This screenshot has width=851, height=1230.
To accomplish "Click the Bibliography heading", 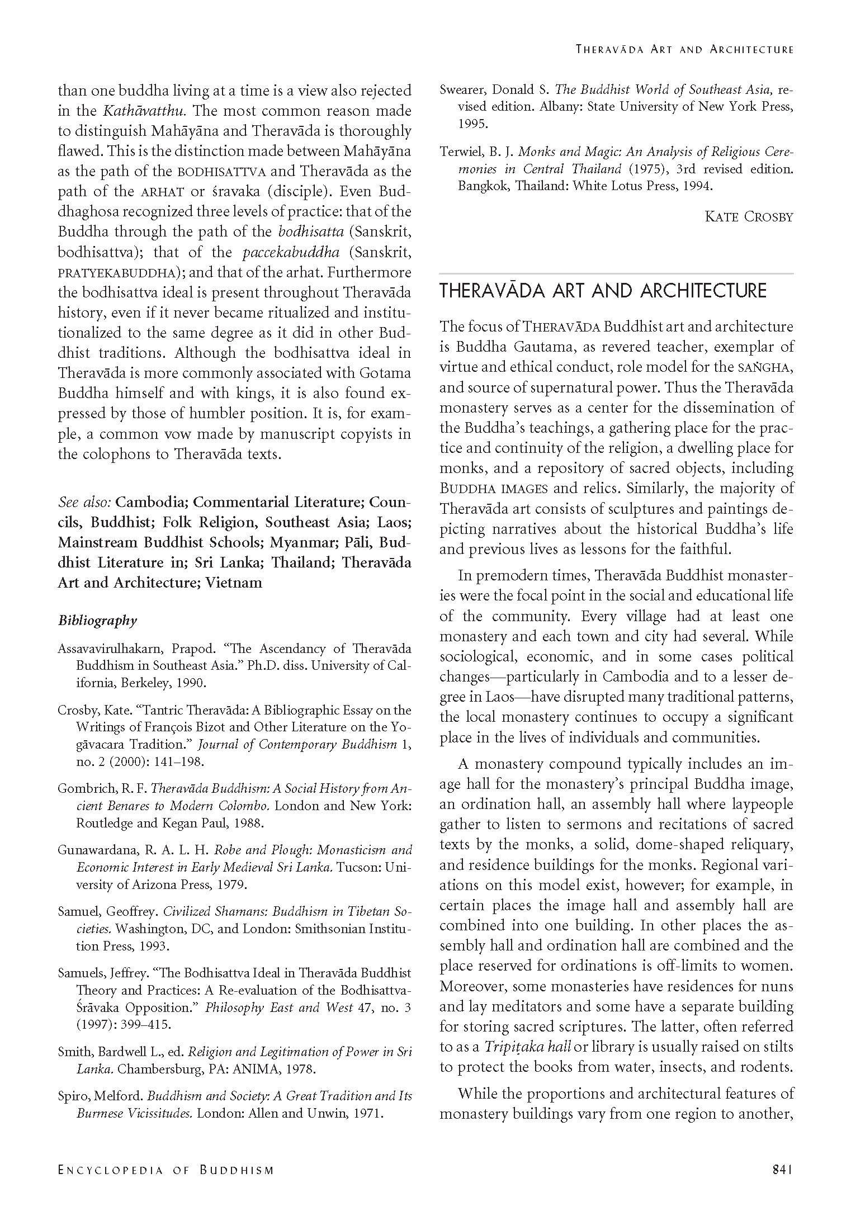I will (x=97, y=621).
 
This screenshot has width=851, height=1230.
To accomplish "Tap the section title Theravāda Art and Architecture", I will (x=603, y=291).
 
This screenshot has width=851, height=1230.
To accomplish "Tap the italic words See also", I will (x=84, y=502).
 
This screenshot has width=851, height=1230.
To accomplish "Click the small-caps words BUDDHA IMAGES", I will (x=493, y=489).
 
